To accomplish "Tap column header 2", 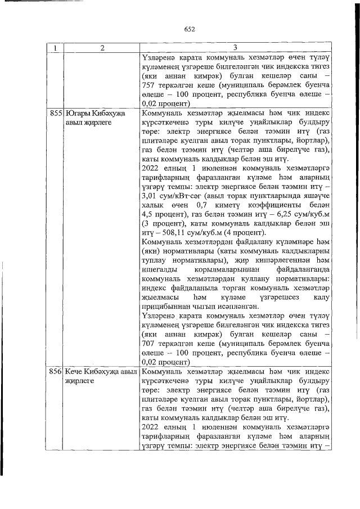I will coord(102,48).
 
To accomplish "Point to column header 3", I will coord(235,48).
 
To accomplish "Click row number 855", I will coord(56,113).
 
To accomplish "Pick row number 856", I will coord(56,372).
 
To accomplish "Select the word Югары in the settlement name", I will coord(78,113).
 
